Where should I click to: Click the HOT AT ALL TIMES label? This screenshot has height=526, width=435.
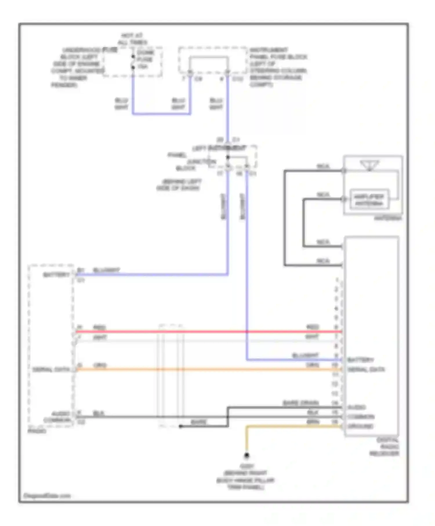coord(132,39)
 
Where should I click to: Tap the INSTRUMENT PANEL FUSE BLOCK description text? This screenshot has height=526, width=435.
coord(278,67)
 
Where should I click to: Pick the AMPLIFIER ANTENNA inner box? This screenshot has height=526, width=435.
coord(369,200)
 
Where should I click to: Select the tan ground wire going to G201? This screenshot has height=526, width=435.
coord(290,426)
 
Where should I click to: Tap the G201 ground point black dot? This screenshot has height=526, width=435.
coord(246,456)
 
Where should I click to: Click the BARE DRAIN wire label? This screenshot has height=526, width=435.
coord(301,403)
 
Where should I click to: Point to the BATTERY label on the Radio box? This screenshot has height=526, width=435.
coord(56,275)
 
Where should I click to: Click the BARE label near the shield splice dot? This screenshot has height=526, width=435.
coord(199,422)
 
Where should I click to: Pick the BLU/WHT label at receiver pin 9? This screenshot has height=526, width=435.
coord(305,355)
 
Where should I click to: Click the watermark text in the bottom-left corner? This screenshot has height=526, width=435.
coord(47,496)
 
